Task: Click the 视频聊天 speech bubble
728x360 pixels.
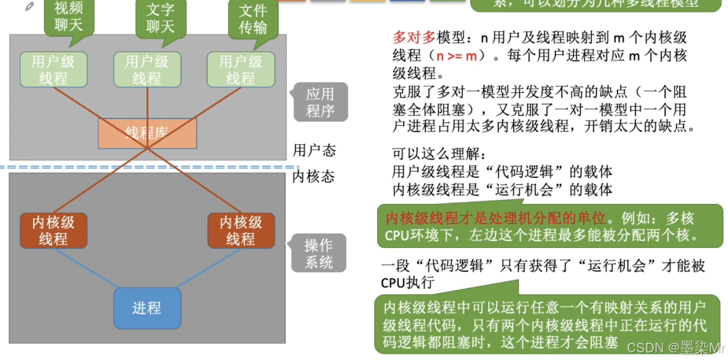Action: (69, 16)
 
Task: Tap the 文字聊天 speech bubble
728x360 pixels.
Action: (160, 16)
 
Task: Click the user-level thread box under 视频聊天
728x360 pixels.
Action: (53, 69)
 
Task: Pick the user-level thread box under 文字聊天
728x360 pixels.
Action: (146, 69)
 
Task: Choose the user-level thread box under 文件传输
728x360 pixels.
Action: (240, 69)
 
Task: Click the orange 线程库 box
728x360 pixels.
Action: (147, 133)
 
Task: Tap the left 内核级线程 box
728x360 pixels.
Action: (53, 230)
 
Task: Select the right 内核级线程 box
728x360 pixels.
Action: (240, 230)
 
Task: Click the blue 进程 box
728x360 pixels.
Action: (147, 307)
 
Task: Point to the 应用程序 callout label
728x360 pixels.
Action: (320, 102)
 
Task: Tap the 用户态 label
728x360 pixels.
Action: (314, 150)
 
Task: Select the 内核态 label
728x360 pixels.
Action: (313, 177)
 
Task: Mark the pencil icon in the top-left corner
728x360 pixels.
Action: (29, 6)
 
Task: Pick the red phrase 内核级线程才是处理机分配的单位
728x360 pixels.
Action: (497, 218)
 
